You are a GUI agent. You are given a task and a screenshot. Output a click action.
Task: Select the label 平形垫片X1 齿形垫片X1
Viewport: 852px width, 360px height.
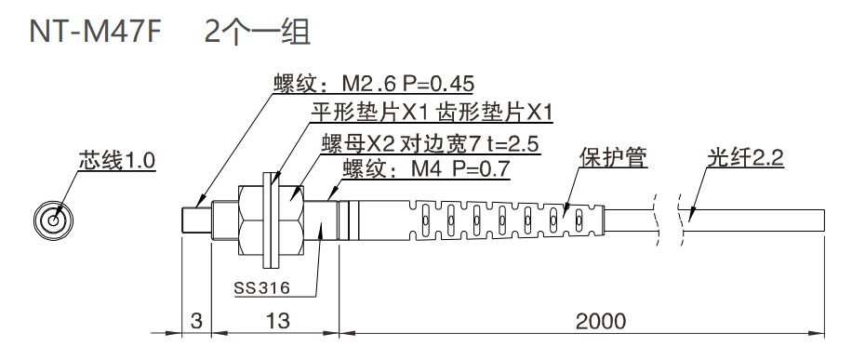[433, 114]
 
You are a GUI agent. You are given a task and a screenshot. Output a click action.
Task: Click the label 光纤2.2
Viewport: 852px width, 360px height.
[744, 158]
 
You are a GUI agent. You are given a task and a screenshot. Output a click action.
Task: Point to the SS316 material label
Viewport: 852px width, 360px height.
[261, 287]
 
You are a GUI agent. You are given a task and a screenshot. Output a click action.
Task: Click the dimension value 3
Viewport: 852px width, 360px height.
[195, 322]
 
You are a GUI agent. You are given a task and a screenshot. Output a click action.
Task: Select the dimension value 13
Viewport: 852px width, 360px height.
[276, 322]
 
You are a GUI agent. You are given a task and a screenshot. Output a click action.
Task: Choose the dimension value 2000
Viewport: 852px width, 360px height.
[600, 322]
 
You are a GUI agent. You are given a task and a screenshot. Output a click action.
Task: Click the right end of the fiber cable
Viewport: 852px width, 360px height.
[823, 220]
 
